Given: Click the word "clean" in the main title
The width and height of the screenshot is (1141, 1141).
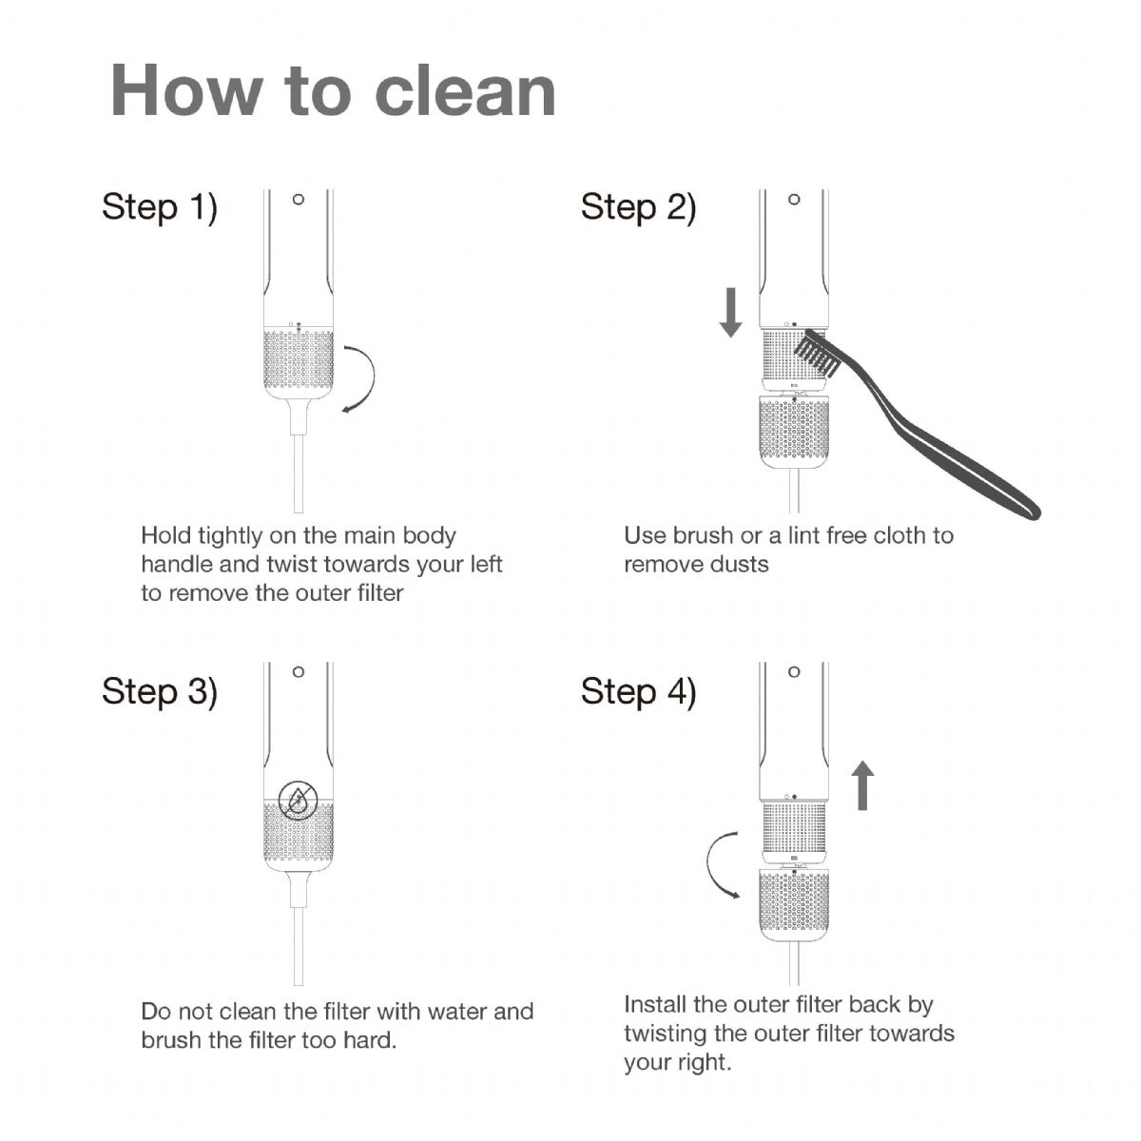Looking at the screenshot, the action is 465,92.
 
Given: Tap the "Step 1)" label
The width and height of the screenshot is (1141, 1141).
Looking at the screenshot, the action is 160,207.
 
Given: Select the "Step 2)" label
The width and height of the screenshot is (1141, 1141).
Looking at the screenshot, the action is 638,207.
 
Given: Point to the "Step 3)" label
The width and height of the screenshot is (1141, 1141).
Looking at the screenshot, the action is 160,691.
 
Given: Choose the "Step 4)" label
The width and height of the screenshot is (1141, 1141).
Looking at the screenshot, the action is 638,691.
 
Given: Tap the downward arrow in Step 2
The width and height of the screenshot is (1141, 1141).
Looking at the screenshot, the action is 730,312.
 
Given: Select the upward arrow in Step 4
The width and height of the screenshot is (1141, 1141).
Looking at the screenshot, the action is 862,785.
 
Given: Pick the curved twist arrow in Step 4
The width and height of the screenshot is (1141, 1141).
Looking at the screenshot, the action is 708,865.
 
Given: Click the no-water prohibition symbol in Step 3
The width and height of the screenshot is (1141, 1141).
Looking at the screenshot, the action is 299,800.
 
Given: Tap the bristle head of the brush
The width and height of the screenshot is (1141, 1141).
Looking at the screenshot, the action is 815,354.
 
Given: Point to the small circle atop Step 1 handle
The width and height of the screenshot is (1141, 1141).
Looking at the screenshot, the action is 299,200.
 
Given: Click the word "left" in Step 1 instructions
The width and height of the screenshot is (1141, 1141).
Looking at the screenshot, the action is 486,564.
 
